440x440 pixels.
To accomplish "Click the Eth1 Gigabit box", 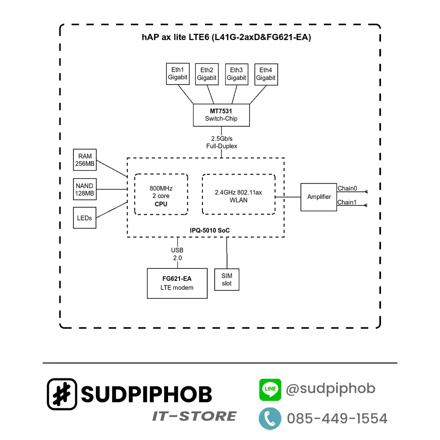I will (177, 73).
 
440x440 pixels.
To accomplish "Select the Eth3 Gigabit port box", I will (236, 73).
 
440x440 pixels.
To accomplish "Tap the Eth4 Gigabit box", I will (266, 73).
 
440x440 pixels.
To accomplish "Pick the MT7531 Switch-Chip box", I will (221, 115).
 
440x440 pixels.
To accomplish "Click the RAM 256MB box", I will (85, 160).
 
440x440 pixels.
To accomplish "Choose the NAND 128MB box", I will (85, 190).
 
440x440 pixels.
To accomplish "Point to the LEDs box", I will (84, 218).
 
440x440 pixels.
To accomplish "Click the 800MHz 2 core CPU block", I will (161, 194).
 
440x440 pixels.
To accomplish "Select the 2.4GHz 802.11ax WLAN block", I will (238, 194).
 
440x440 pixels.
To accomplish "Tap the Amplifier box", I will (319, 197).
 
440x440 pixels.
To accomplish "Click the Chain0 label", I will (347, 188).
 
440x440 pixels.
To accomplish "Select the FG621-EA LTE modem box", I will (177, 283).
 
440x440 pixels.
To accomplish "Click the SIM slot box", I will (227, 279).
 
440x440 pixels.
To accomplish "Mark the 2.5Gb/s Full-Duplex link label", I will (221, 142).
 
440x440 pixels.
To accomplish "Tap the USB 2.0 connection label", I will (177, 254).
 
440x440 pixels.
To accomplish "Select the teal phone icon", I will (270, 418).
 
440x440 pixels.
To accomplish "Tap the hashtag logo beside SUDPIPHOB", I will (62, 394).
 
